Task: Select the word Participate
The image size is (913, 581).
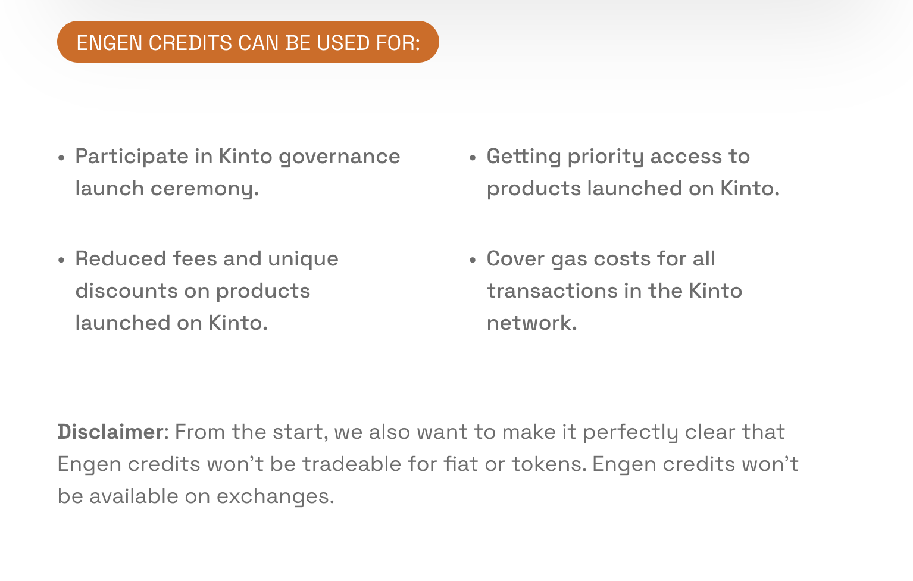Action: (132, 157)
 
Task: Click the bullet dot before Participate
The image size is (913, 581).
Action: (61, 158)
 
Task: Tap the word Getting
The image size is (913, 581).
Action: (524, 157)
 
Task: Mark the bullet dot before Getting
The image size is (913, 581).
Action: (473, 158)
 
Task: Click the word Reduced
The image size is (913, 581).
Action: (121, 258)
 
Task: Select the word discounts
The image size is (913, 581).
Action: (126, 290)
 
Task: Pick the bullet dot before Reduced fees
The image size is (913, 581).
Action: (61, 260)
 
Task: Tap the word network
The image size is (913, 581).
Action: (532, 323)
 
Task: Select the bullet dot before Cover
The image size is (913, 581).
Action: (473, 260)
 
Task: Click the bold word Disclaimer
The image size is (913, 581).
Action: (111, 432)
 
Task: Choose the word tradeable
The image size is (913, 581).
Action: (351, 464)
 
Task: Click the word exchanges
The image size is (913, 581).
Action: (275, 497)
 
